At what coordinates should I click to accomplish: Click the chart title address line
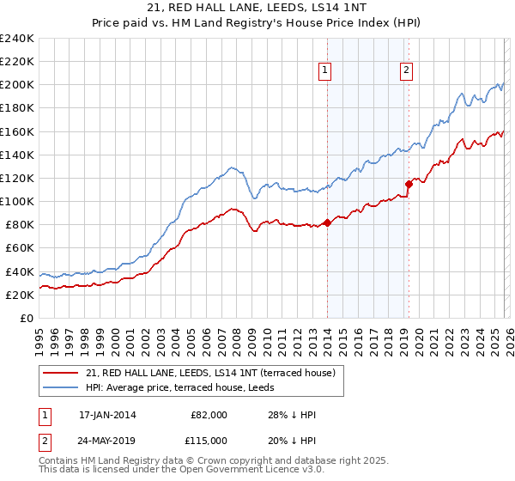(x=257, y=8)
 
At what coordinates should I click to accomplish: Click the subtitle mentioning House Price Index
(x=257, y=22)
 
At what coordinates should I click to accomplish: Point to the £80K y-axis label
(x=19, y=224)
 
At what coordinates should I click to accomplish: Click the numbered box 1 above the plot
(x=326, y=71)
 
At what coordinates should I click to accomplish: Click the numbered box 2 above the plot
(x=406, y=71)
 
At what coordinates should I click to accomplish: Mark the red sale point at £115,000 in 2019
(x=409, y=184)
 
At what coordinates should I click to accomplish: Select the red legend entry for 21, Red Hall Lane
(x=215, y=373)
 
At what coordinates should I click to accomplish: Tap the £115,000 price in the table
(x=208, y=440)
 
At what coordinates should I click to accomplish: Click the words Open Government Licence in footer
(x=232, y=471)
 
